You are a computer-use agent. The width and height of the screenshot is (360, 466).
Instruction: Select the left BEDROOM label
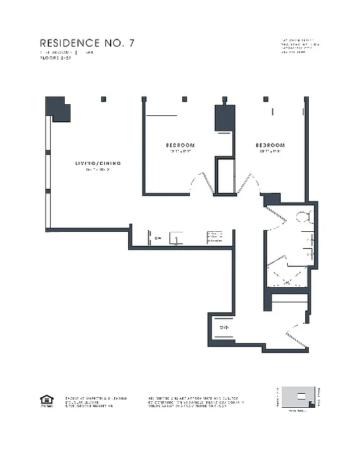[x=180, y=145]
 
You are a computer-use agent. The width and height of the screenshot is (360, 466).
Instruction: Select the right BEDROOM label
[x=270, y=145]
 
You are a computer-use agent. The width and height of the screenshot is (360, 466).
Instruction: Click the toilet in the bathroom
[x=303, y=217]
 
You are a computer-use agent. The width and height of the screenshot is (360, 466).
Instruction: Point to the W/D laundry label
[x=224, y=327]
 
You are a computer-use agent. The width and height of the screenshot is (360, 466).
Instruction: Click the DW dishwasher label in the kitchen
[x=158, y=238]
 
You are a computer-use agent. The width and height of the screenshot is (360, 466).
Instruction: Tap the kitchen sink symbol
[x=174, y=238]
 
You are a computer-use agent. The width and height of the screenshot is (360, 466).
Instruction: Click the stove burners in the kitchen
[x=214, y=237]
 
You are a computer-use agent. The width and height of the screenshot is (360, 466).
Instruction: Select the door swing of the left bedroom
[x=198, y=182]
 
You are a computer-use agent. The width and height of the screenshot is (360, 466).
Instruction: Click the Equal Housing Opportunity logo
[x=45, y=400]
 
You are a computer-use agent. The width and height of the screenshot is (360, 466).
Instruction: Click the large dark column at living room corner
[x=57, y=108]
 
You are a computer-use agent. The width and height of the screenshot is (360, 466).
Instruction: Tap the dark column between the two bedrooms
[x=224, y=118]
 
